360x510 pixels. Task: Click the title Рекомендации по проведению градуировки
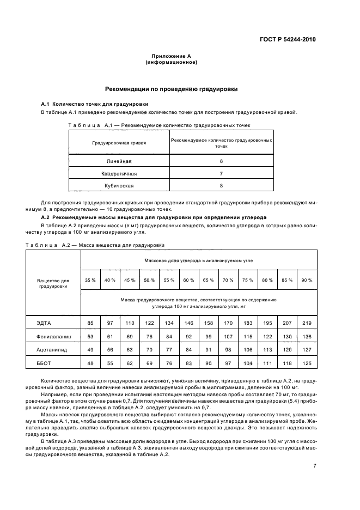pos(170,89)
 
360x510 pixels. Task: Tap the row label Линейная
pos(119,162)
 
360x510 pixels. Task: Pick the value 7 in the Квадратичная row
pos(221,174)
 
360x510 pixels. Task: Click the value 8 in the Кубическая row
pos(221,186)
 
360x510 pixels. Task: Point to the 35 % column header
pos(90,280)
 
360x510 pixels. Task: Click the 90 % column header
pos(307,280)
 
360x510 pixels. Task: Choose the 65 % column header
pos(208,280)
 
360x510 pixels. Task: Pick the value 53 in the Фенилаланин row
pos(90,337)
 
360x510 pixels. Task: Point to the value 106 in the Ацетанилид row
pos(247,349)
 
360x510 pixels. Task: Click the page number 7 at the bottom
pos(314,466)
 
